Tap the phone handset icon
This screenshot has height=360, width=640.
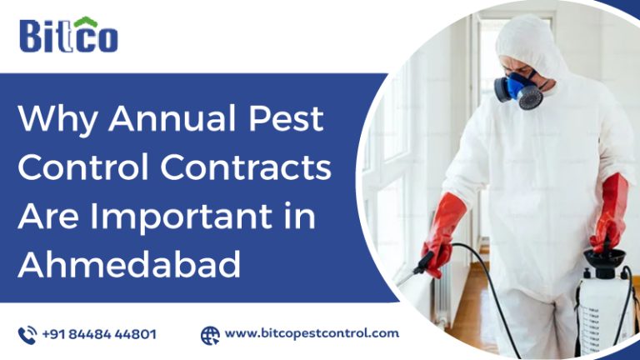[27, 334]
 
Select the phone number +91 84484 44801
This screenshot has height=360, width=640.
[99, 334]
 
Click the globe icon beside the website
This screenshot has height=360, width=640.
[210, 334]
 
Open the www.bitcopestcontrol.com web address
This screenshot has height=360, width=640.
[312, 333]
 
